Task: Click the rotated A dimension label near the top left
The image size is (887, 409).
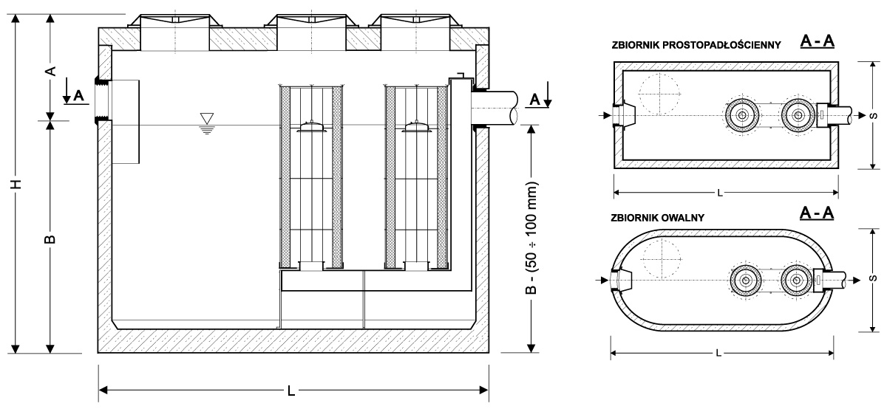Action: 50,71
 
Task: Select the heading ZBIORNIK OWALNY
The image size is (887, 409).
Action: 658,218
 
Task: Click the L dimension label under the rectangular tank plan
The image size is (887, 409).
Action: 720,193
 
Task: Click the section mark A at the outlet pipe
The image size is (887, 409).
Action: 535,98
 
